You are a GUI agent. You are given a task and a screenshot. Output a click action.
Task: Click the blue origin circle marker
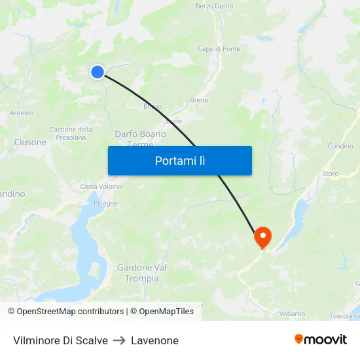[x=98, y=72]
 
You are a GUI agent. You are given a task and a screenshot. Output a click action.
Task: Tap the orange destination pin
[x=263, y=236]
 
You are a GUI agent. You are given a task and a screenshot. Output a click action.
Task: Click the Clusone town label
[x=30, y=142]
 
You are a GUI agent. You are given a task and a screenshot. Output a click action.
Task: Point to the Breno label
[x=199, y=100]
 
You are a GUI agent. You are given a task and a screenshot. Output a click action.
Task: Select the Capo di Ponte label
[x=219, y=49]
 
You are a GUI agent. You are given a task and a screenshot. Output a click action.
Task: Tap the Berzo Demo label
[x=214, y=6]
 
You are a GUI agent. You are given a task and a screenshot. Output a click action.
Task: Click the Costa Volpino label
[x=101, y=187]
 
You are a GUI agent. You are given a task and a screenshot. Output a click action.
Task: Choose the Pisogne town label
[x=105, y=203]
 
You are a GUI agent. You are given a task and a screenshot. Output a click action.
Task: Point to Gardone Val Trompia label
[x=142, y=273]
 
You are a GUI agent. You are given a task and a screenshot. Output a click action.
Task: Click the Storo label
[x=331, y=173]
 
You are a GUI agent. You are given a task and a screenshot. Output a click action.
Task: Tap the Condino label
[x=340, y=146]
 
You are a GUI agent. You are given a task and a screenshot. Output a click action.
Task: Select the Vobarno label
[x=292, y=314]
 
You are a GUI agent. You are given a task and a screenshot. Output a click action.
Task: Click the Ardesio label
[x=22, y=113]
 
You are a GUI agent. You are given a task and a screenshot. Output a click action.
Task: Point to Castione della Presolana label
[x=71, y=134]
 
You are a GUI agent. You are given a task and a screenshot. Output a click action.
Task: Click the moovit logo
[x=321, y=339]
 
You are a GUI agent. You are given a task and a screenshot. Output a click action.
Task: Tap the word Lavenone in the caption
[x=154, y=340]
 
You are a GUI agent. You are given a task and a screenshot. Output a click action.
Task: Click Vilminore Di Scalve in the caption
[x=60, y=340]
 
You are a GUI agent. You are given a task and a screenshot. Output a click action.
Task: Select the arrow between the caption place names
[x=119, y=340]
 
